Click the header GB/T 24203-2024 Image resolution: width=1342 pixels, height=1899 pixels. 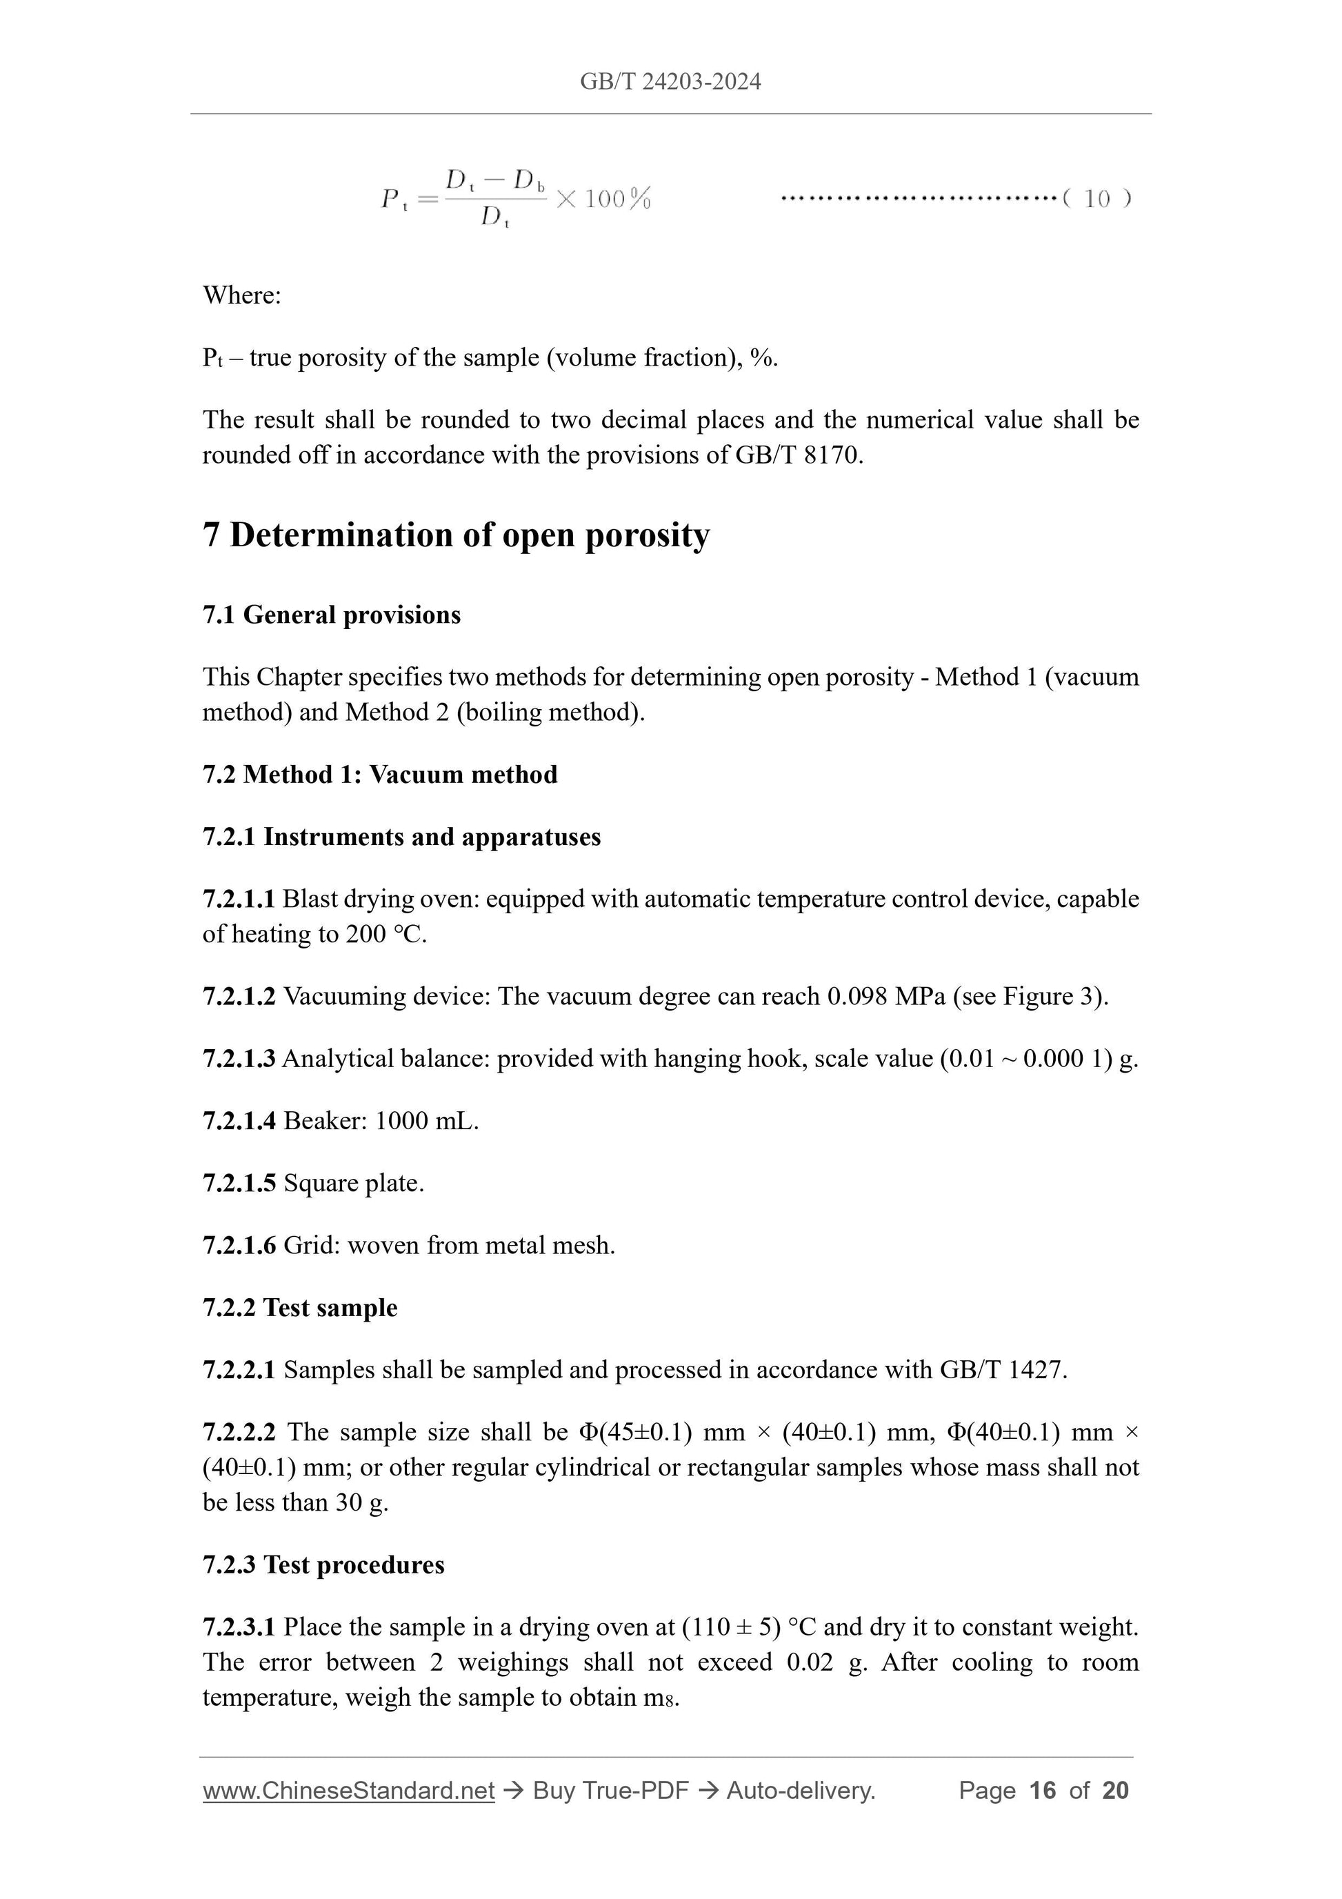[670, 81]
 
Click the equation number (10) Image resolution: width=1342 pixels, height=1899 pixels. [1096, 199]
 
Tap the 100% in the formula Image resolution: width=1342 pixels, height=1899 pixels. [617, 199]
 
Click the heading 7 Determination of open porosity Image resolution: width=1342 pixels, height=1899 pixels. [456, 535]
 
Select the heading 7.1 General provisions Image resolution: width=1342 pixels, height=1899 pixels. [332, 615]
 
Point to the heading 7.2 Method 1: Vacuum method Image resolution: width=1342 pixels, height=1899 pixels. [379, 774]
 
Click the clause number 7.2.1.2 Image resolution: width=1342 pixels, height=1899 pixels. [239, 996]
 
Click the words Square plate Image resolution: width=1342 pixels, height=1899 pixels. [353, 1183]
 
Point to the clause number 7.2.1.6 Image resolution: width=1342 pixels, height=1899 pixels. [239, 1246]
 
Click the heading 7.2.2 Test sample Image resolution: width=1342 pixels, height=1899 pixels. [300, 1308]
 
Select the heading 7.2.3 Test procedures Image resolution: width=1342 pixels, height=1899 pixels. [323, 1565]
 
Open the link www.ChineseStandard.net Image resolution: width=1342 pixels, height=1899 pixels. [348, 1791]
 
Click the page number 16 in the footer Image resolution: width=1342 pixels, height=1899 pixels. [1043, 1791]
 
